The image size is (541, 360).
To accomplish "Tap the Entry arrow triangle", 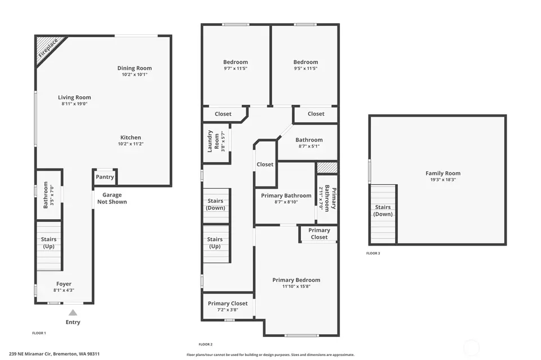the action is pos(73,313).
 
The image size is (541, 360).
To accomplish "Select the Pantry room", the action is pos(105,177).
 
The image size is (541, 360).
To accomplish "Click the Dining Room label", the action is pos(135,68).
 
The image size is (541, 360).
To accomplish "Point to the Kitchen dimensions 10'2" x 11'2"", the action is pos(131,144).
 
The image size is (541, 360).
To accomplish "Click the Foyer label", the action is pos(64,284).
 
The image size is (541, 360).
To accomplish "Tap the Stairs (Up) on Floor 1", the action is pos(49,246).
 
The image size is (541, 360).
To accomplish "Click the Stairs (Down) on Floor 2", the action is pos(216,206).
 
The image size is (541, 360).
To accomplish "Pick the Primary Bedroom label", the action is pos(296,280).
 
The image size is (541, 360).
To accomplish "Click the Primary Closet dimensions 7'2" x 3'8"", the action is pos(228,310).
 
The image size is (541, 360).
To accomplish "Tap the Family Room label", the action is pos(443,173).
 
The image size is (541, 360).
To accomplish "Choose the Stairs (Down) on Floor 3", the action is pos(383,214).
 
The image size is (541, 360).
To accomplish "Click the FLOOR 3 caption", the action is pos(373,253).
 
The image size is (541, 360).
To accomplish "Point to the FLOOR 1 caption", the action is pos(39,333).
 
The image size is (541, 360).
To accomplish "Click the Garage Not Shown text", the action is pos(112,198).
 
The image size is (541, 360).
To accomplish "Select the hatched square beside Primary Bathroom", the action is pos(327,167).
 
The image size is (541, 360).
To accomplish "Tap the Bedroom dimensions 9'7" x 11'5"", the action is pos(236,68).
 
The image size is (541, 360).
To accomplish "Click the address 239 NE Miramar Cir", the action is pos(30,354).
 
